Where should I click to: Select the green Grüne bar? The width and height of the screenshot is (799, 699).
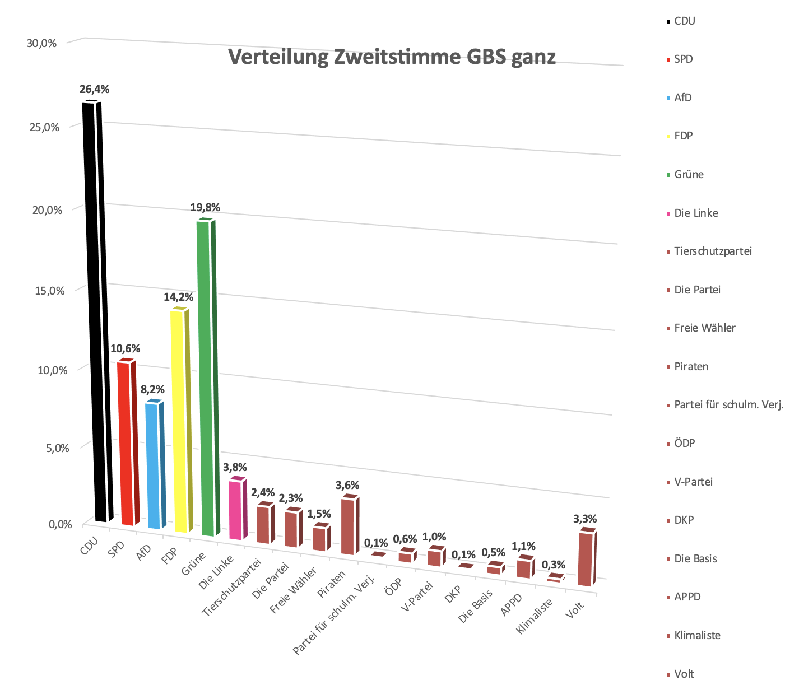(x=206, y=381)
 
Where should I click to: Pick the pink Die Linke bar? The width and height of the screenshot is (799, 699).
(x=235, y=510)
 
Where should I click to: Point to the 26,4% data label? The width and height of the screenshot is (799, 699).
(x=94, y=89)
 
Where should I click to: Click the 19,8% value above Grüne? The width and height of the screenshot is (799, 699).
(x=205, y=208)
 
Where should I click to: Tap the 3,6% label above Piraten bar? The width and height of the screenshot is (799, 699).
(x=347, y=485)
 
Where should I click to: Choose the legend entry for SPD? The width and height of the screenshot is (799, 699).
(x=683, y=59)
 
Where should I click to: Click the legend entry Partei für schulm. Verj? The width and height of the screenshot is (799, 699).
(x=728, y=405)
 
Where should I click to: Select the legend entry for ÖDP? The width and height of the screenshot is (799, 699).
(x=684, y=444)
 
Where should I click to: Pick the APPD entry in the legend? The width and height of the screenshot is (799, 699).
(x=687, y=597)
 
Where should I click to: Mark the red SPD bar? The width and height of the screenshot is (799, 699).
(x=126, y=442)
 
